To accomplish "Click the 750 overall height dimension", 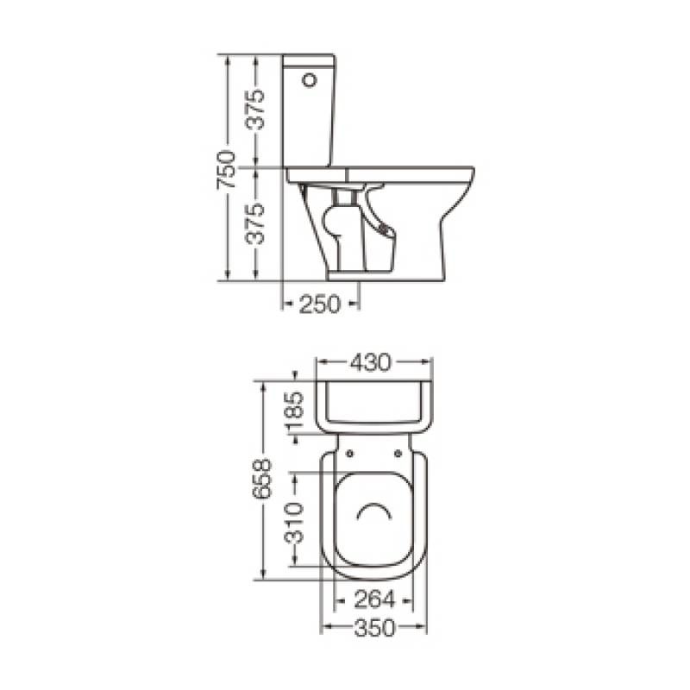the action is [x=225, y=169].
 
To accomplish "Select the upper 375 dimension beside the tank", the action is [x=255, y=110].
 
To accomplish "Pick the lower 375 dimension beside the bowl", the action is [x=255, y=224].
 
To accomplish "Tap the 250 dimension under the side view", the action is [x=320, y=304].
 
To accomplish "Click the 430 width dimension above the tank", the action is [x=371, y=362].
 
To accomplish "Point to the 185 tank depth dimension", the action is [x=293, y=411].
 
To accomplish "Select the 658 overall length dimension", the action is [x=261, y=479].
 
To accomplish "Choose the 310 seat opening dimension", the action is [x=293, y=524].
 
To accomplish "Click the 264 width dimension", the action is [x=374, y=599].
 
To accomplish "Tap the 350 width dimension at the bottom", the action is [x=374, y=628].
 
